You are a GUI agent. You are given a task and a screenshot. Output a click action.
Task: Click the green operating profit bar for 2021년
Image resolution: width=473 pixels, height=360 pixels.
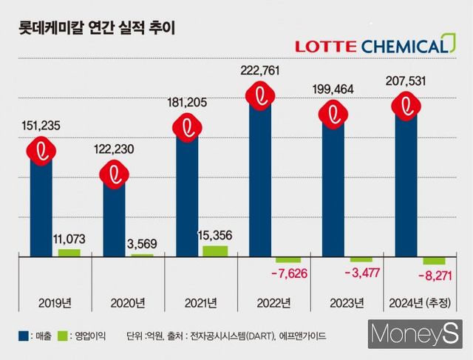point(214,251)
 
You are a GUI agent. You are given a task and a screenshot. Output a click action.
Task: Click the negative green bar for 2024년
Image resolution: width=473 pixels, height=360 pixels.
point(434,261)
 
